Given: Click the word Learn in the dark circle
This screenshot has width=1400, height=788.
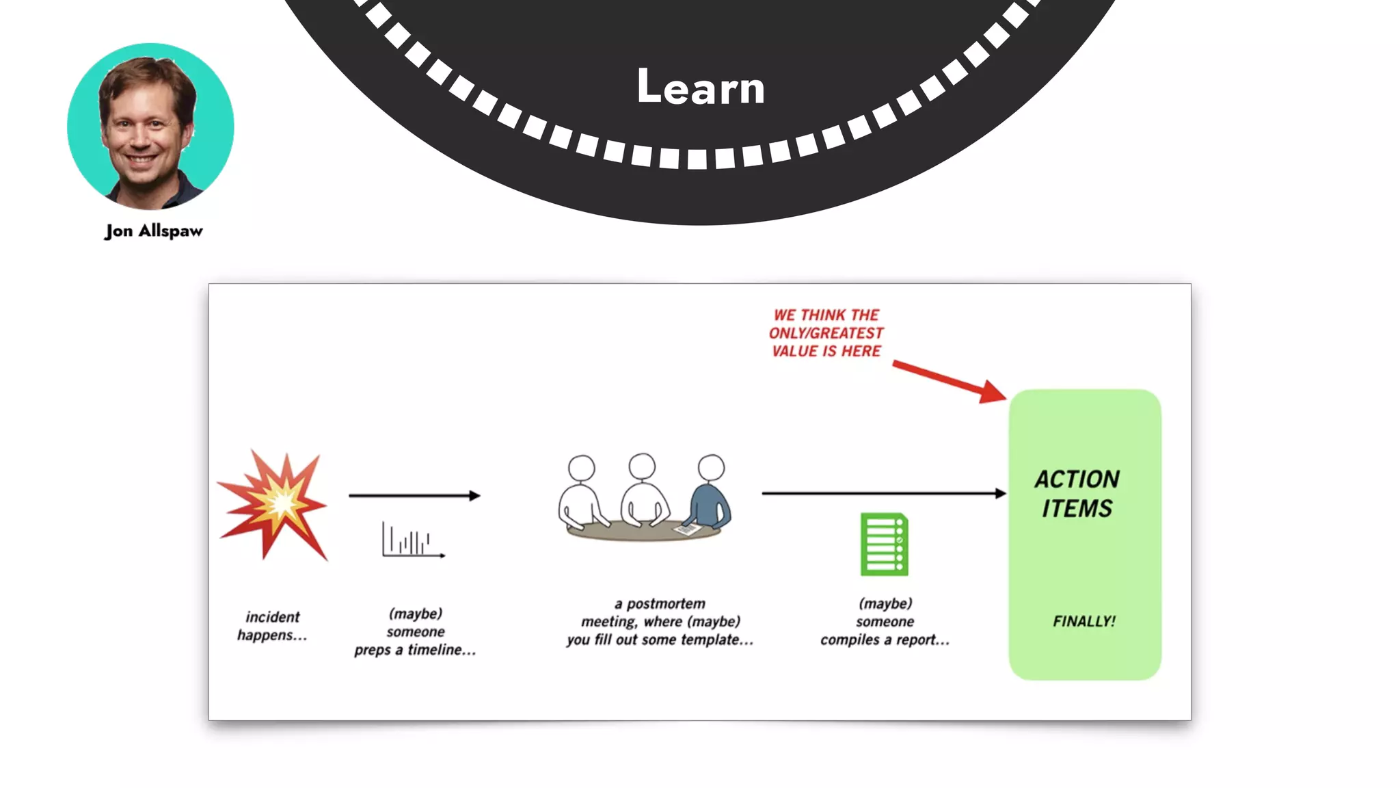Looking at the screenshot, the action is (x=701, y=87).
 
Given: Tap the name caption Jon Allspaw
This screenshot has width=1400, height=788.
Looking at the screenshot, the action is (x=154, y=231).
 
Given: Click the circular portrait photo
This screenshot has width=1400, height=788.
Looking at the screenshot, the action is (x=150, y=127).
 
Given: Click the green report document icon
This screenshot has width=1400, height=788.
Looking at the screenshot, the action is (x=884, y=544).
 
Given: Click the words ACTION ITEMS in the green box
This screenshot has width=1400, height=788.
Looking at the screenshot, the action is (x=1077, y=493).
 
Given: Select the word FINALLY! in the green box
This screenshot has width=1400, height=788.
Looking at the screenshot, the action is (x=1083, y=621).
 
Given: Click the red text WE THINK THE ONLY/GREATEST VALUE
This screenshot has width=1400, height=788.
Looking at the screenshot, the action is (x=826, y=333).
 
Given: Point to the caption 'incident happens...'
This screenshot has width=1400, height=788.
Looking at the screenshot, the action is (x=272, y=626).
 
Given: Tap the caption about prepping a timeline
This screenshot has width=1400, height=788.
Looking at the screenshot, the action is (x=415, y=631).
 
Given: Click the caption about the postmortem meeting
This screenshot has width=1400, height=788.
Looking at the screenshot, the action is (x=660, y=622).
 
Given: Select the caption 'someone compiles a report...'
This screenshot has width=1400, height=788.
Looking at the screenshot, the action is (x=885, y=622).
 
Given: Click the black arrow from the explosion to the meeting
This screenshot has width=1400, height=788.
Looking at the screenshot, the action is (x=414, y=495).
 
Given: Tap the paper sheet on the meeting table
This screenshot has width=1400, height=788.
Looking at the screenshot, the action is (x=686, y=529).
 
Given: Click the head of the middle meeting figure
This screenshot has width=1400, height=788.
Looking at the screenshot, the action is (x=642, y=467).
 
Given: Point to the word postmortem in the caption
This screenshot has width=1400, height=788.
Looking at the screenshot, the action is (x=665, y=604).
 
